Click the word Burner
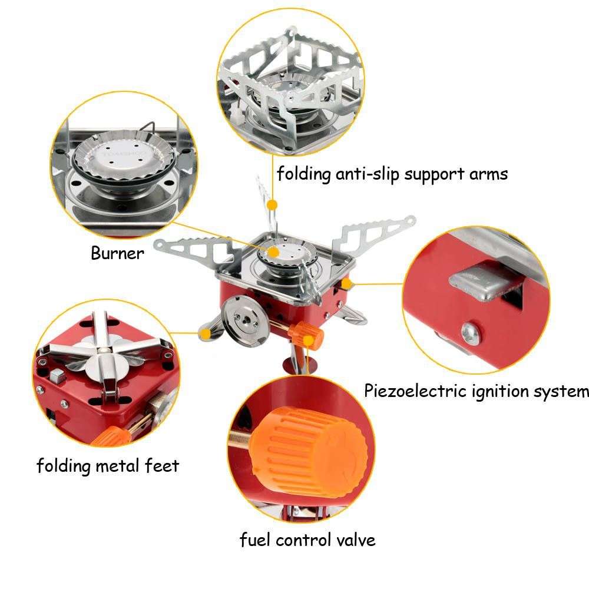pyautogui.click(x=117, y=254)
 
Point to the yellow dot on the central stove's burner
pyautogui.click(x=273, y=252)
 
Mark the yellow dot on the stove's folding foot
pyautogui.click(x=205, y=334)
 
